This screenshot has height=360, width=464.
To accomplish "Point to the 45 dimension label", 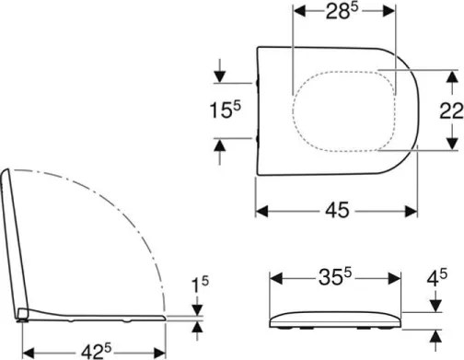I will click(x=336, y=210).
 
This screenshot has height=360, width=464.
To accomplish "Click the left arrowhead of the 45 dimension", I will click(x=261, y=211).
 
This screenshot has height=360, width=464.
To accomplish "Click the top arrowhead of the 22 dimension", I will click(x=450, y=73).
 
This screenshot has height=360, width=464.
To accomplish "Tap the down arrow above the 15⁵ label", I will click(x=219, y=75).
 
